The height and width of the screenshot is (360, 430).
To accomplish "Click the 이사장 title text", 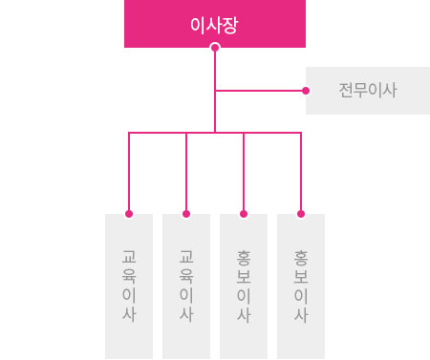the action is (x=214, y=26).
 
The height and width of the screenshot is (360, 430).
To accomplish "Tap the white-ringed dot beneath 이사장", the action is (x=215, y=48).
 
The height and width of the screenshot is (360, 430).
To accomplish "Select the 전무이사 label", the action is (x=368, y=90).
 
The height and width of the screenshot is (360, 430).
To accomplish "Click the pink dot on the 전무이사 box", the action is (x=306, y=91).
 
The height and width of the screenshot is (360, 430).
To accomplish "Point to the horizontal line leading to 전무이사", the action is (x=261, y=91).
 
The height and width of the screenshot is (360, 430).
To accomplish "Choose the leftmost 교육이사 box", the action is (x=129, y=286).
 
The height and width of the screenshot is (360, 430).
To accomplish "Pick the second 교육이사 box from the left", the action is (x=186, y=286).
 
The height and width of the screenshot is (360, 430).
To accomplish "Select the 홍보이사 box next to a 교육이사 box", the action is (x=244, y=286).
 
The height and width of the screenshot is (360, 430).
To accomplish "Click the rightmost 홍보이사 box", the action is (x=301, y=286).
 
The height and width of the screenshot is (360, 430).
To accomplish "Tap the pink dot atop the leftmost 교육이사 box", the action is (x=129, y=214).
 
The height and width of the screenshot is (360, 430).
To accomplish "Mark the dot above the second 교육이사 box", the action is (x=186, y=214).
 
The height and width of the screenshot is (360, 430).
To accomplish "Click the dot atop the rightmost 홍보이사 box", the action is (x=301, y=214).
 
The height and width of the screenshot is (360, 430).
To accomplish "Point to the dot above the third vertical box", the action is (x=244, y=214).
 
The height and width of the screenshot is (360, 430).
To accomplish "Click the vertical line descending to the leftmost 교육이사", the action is (x=129, y=173).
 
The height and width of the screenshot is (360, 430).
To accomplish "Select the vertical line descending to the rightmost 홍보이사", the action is (x=301, y=173).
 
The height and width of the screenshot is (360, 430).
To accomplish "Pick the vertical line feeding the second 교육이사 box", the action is (x=186, y=173).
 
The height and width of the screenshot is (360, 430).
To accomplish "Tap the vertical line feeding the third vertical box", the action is (x=244, y=173).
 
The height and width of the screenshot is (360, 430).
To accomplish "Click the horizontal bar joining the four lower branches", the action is (x=215, y=133).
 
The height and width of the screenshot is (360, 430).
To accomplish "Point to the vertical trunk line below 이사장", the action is (x=215, y=92).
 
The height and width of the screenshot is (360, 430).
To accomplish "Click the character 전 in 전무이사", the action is (x=346, y=90).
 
